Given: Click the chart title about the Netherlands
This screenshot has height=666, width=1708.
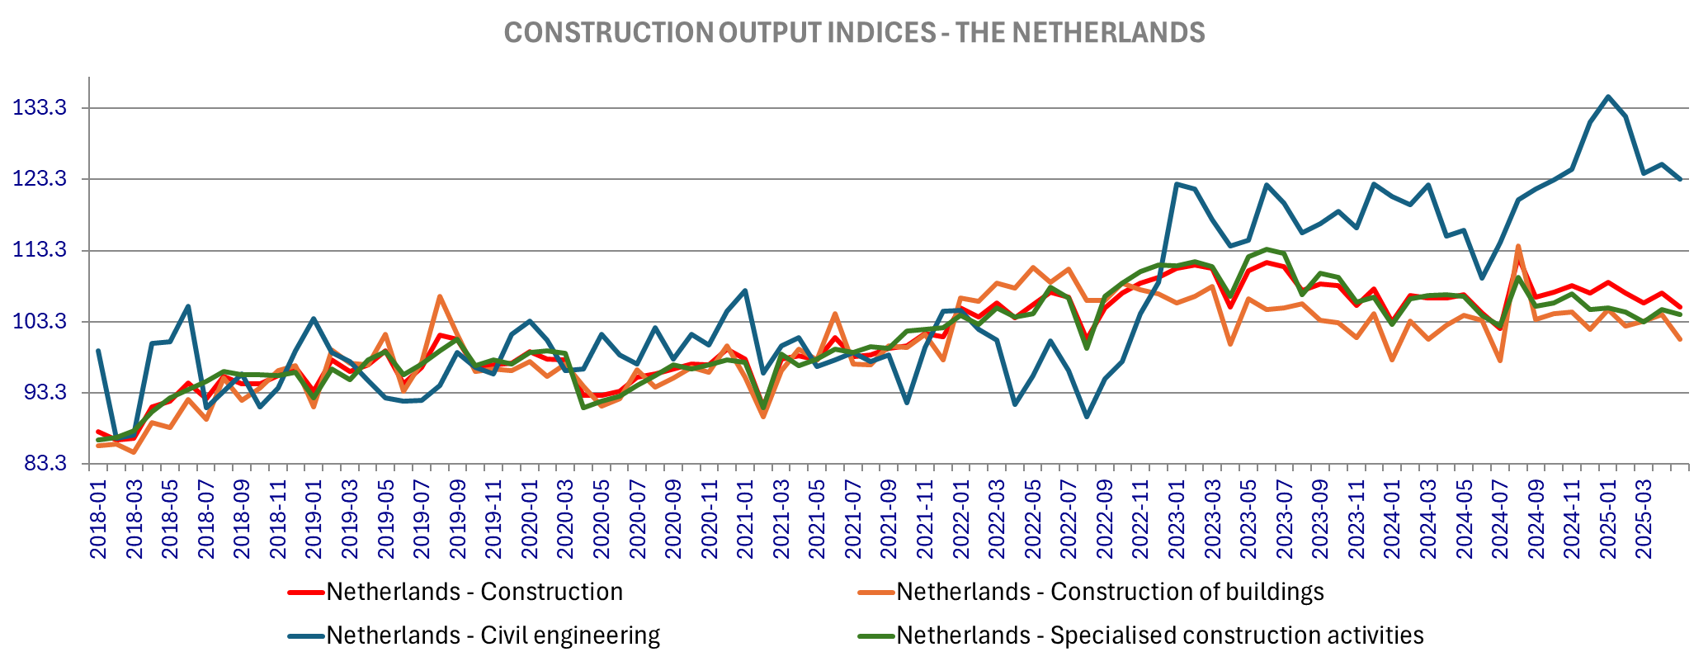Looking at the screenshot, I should coord(854,33).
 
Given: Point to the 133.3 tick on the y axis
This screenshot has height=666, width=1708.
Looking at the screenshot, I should coord(39,108).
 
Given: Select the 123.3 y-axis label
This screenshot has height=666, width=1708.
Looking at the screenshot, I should coord(39,179).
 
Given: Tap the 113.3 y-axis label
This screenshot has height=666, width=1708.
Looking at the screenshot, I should coord(39,251).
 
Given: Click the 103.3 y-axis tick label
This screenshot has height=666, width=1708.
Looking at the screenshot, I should coord(39,322).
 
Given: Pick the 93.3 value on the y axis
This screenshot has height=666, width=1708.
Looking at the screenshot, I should coord(39,393).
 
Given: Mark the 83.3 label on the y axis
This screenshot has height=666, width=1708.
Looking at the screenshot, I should coord(39,464).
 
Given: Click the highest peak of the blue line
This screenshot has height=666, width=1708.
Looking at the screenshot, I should coord(1607,97).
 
